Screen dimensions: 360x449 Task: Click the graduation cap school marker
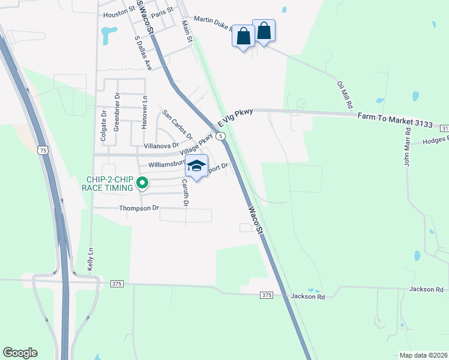(x=196, y=166)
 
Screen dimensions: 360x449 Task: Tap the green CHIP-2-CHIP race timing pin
(x=142, y=183)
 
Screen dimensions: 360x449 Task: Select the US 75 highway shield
(x=43, y=151)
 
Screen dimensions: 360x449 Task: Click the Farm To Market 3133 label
(x=395, y=119)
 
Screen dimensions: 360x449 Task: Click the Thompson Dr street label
(x=139, y=208)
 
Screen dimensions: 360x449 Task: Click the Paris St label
(x=162, y=10)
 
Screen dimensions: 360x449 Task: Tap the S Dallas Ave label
(x=143, y=52)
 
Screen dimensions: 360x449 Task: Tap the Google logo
(x=20, y=353)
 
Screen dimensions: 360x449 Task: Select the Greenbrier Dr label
(x=118, y=112)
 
